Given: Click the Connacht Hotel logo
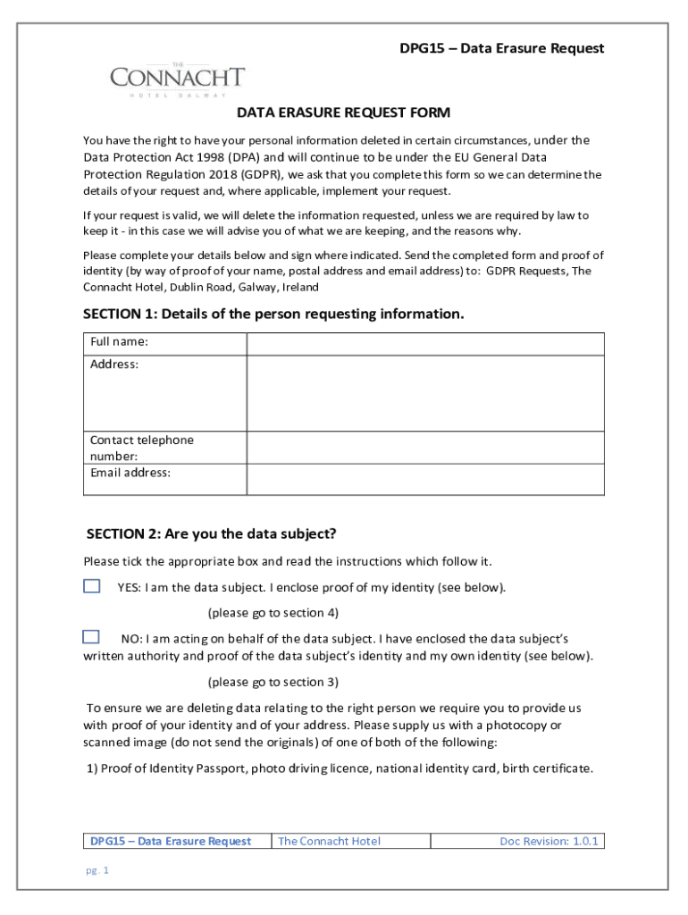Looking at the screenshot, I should point(177,79).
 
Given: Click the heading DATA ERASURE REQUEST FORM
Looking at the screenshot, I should point(343,113).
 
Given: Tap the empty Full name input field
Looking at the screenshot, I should point(425,344).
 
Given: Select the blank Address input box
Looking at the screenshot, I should point(425,393).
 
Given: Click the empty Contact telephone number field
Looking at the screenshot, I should point(425,448).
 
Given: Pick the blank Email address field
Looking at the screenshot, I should point(425,479).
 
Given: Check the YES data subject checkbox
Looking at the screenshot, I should point(92,586).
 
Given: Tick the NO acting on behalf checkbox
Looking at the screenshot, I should point(91,637).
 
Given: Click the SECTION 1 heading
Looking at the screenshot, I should point(273,314).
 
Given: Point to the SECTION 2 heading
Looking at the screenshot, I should point(211,533).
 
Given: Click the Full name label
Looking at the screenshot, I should point(119,342).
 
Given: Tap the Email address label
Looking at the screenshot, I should point(130,473).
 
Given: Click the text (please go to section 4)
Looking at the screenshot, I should point(273,613).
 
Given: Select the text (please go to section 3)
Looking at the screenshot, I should point(273,682).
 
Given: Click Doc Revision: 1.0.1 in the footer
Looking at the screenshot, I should point(549,841).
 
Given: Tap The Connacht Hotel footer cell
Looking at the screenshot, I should point(329,841).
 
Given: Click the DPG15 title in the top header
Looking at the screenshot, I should point(501,48).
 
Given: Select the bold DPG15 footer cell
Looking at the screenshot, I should point(171,841).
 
